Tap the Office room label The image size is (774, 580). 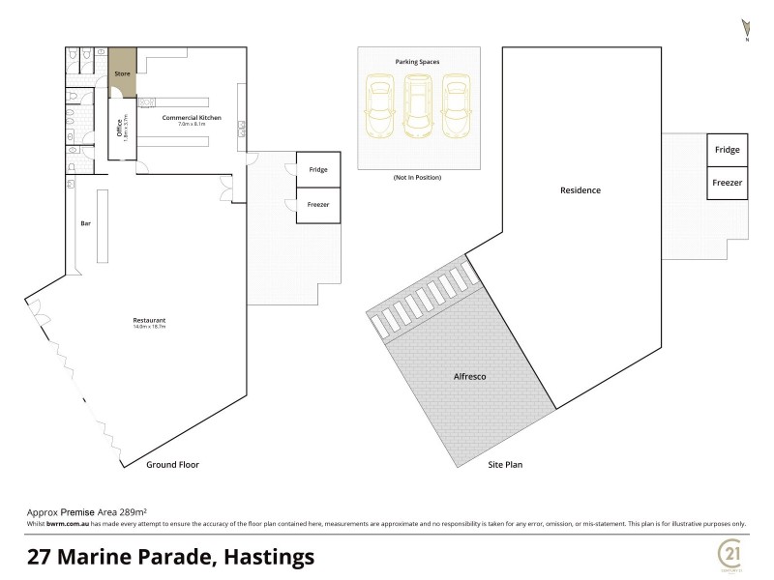(120, 129)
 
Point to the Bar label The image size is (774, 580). (84, 223)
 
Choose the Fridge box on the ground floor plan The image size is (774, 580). (318, 170)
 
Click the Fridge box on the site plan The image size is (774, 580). (727, 150)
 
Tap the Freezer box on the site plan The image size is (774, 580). (727, 183)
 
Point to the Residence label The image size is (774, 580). (580, 190)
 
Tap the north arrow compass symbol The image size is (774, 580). (746, 28)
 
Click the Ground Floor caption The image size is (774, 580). (172, 464)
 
